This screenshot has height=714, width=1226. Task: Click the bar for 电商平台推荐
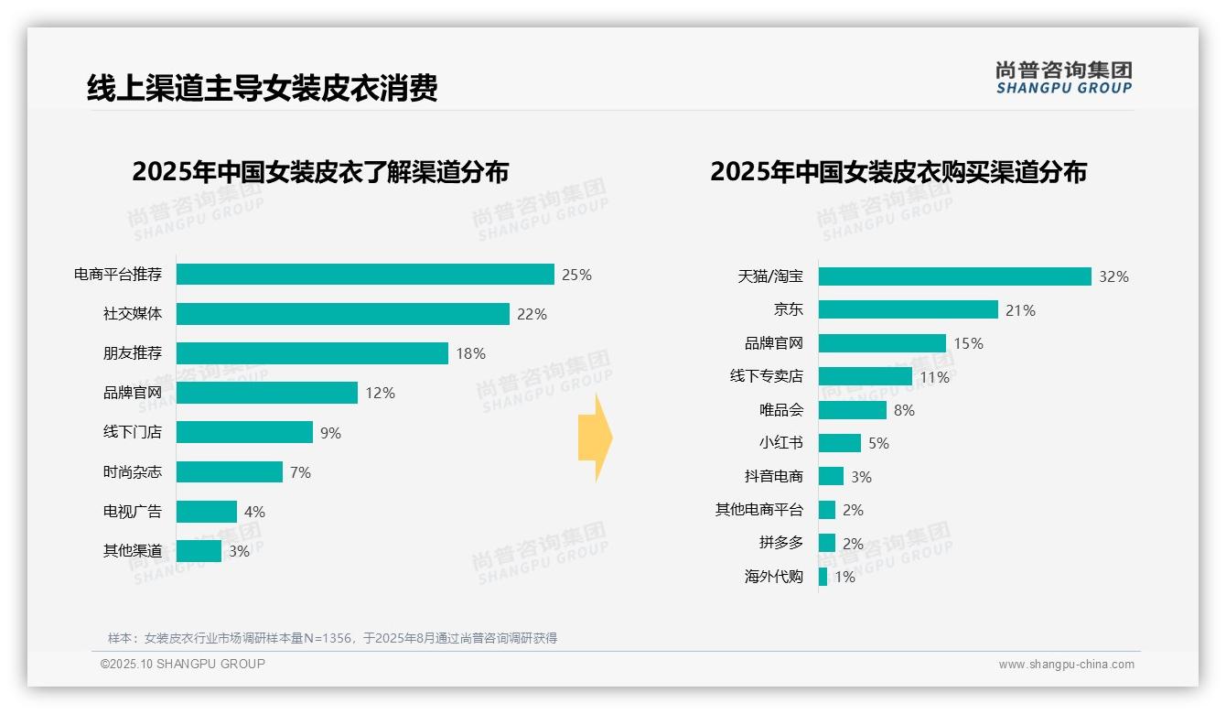[365, 275]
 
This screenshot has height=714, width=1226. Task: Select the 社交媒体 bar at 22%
[342, 314]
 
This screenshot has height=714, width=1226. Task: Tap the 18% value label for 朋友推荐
[470, 353]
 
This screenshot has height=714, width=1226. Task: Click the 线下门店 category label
[132, 432]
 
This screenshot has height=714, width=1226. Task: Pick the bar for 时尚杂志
[229, 471]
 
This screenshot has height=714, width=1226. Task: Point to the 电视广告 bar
[206, 511]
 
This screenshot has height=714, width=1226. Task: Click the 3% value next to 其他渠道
[239, 551]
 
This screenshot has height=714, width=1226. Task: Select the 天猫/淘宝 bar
[954, 276]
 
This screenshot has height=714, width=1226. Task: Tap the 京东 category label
[788, 309]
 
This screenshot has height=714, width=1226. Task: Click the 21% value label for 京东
[1020, 310]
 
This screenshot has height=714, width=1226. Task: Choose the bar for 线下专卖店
[865, 376]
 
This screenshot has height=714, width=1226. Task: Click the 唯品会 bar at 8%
[852, 410]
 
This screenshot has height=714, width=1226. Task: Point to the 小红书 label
[780, 443]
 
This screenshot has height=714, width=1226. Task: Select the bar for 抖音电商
[831, 476]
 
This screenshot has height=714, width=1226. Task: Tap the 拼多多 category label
[780, 543]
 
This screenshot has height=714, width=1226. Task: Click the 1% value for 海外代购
[844, 577]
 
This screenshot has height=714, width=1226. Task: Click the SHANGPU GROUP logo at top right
[1063, 78]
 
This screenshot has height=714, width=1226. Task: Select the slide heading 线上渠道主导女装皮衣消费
[262, 88]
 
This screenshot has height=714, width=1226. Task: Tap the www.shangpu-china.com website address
[1066, 665]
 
